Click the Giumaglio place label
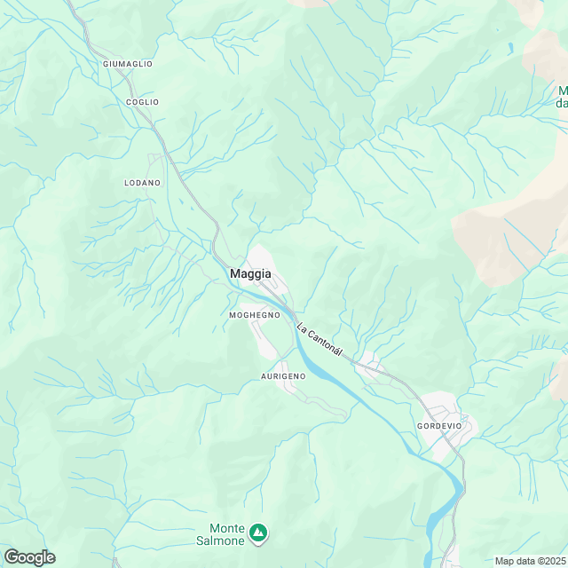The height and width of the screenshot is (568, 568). tap(128, 64)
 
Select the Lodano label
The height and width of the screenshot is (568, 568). tap(142, 182)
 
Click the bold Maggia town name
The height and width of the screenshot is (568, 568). tap(250, 274)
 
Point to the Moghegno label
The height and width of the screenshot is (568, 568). tap(255, 315)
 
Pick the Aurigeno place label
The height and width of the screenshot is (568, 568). tap(283, 376)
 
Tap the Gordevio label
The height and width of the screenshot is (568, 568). tap(438, 426)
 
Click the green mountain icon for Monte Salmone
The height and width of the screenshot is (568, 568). tap(258, 532)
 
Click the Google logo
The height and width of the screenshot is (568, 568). tap(28, 556)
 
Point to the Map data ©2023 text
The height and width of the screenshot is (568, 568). tap(530, 561)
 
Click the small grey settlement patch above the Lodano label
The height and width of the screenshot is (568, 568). tap(156, 161)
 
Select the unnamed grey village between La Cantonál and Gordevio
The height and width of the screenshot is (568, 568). tap(369, 363)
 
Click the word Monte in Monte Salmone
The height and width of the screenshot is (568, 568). tap(227, 525)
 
